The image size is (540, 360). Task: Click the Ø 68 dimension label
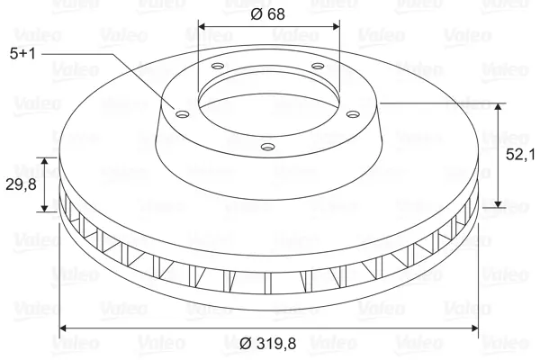267,14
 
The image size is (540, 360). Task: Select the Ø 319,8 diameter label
267,344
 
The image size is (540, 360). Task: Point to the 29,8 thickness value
21,185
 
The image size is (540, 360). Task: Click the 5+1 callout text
22,54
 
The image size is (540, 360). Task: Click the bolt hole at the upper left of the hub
218,66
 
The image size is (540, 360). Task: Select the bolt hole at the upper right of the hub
318,66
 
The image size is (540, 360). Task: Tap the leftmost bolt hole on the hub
182,113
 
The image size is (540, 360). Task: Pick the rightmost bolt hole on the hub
353,113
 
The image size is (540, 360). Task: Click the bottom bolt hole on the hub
267,147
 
